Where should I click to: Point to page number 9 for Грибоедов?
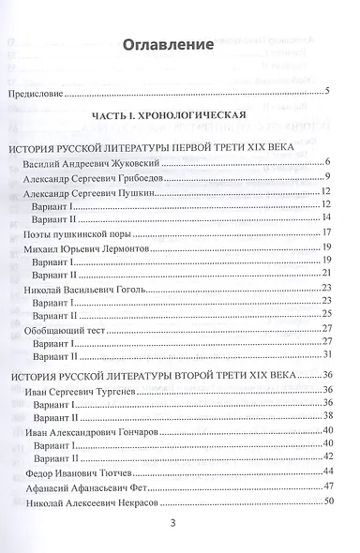pyautogui.click(x=329, y=177)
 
